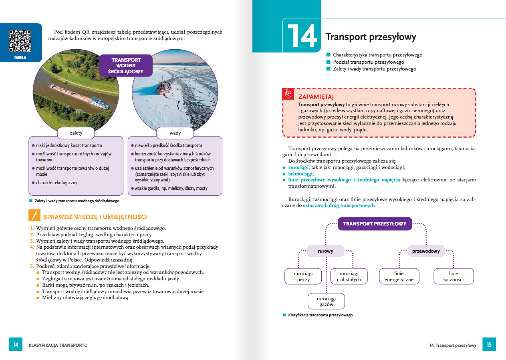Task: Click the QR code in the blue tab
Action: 20,41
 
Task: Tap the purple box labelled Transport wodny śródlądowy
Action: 126,65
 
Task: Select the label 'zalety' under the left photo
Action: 76,133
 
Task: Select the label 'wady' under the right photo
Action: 175,133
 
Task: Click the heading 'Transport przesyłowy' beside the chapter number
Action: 371,37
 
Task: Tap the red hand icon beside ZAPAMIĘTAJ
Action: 288,94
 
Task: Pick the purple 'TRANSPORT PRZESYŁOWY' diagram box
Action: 375,224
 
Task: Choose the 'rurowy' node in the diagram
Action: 325,251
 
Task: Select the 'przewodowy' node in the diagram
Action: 426,251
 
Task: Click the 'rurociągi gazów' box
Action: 326,302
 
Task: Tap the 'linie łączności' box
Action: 454,276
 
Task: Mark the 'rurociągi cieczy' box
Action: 303,276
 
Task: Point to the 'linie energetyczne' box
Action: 399,276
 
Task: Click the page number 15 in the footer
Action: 489,345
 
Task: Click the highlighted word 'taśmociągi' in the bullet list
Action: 300,174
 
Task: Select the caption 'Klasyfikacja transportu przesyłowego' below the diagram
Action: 320,315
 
